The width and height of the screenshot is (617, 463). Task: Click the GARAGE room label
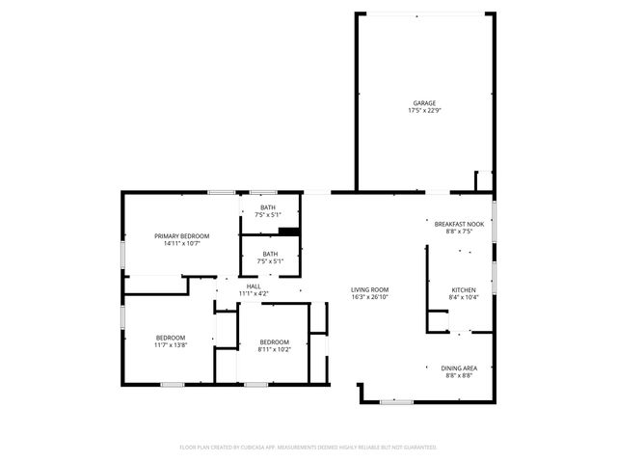424,103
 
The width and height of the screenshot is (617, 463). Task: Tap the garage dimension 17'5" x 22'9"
424,111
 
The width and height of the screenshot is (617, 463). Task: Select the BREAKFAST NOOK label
459,224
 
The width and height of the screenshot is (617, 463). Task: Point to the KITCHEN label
465,289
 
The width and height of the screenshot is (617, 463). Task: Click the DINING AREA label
459,368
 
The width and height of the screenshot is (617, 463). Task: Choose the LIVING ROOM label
369,289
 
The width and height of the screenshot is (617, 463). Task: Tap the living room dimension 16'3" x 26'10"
369,297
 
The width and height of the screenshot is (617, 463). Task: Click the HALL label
254,286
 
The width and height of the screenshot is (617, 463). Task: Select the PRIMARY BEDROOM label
182,236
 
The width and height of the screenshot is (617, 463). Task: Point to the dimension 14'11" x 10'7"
182,244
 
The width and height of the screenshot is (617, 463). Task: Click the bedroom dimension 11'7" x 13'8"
171,344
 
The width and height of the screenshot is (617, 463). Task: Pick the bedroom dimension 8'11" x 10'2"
274,349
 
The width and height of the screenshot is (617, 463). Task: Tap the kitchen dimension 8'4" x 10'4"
465,297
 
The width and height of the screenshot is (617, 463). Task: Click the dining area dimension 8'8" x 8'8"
459,375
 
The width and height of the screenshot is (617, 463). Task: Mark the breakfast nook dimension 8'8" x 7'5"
459,231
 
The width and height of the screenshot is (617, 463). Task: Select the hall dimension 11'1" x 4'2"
254,293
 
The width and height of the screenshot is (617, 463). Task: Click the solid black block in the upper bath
288,231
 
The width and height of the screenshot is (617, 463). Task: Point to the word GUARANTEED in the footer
416,448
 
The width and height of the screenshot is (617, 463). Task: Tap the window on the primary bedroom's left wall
122,253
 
